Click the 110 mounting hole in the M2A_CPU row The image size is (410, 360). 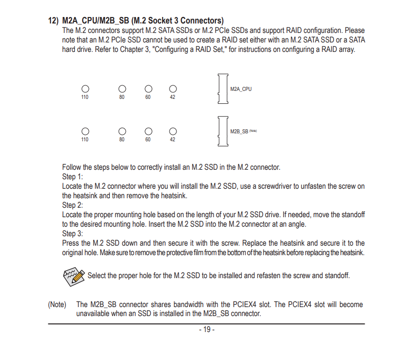[85, 89]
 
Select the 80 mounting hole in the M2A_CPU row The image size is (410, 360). [122, 89]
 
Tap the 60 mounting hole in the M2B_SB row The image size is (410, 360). [148, 131]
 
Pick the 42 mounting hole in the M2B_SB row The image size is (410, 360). [173, 131]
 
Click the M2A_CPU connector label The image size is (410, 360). [241, 89]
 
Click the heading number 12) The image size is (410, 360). [53, 21]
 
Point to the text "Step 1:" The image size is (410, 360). [72, 177]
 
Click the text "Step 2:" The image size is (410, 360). [72, 205]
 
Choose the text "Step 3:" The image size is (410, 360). [72, 234]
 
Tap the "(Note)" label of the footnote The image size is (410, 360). [57, 305]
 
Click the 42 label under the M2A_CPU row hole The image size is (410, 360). [173, 97]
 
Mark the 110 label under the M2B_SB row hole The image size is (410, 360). [85, 140]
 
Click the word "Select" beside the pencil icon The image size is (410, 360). [97, 276]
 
